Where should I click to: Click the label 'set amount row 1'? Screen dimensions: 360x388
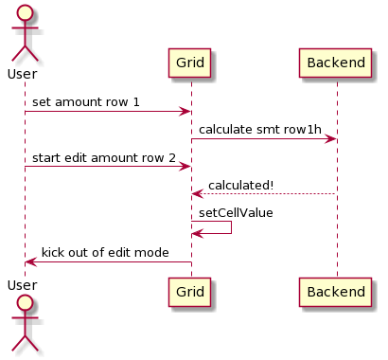pyautogui.click(x=86, y=101)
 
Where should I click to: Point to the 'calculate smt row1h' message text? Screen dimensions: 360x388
pyautogui.click(x=256, y=129)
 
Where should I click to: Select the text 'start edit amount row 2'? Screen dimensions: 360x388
pyautogui.click(x=103, y=157)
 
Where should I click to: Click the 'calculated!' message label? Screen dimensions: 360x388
pyautogui.click(x=241, y=185)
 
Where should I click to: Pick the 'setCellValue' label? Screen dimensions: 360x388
pyautogui.click(x=236, y=213)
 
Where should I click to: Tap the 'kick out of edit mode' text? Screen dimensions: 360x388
pyautogui.click(x=105, y=253)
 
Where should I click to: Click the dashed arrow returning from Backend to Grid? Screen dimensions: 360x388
pyautogui.click(x=265, y=194)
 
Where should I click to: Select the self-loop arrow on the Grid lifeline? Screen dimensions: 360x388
pyautogui.click(x=230, y=227)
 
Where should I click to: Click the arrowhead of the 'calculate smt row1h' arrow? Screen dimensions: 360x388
pyautogui.click(x=331, y=139)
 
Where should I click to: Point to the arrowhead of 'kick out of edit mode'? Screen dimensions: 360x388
pyautogui.click(x=30, y=261)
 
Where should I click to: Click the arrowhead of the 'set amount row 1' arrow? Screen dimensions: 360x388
pyautogui.click(x=185, y=111)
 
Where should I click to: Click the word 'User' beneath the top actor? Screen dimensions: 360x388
pyautogui.click(x=22, y=74)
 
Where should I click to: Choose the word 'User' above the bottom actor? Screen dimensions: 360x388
pyautogui.click(x=22, y=285)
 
